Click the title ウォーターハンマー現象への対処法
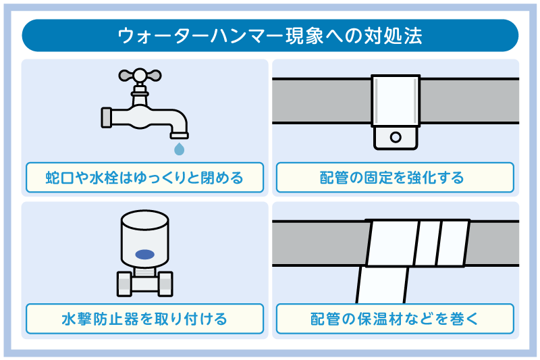pos(270,36)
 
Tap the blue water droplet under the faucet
pos(180,148)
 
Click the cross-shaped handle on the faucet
pos(140,75)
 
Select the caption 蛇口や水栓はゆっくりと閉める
pos(144,178)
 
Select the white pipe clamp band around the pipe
pos(396,101)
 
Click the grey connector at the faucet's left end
pos(106,117)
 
